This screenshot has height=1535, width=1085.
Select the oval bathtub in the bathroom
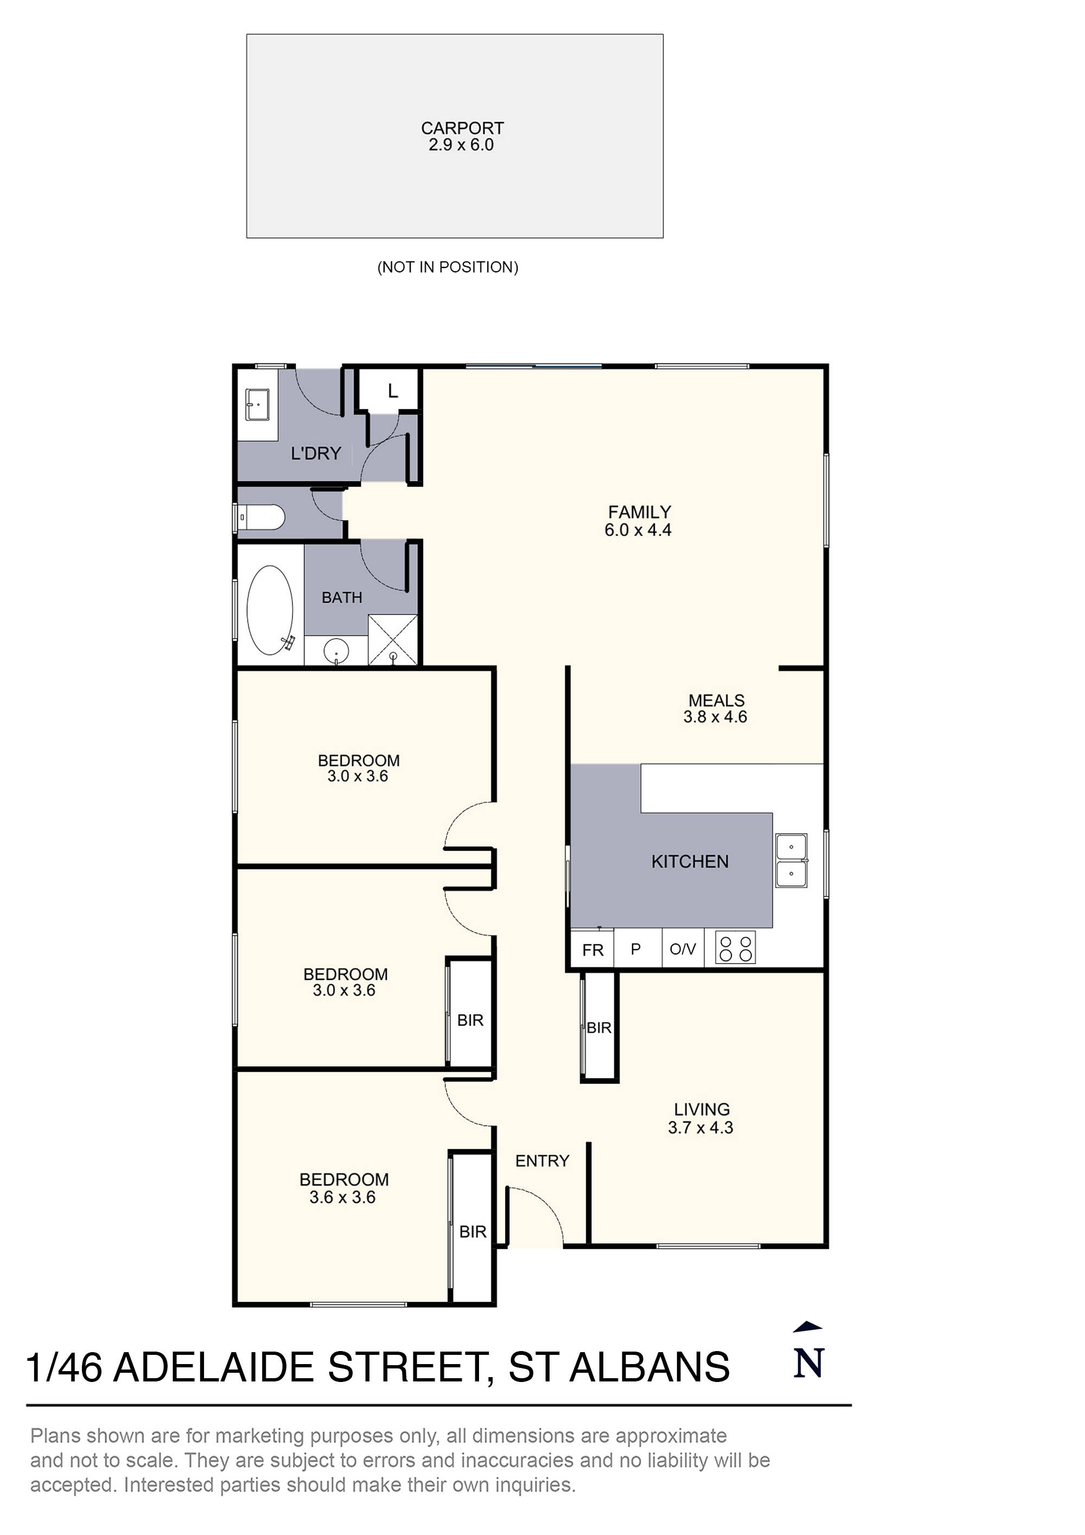click(270, 610)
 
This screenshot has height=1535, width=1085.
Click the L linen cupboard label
click(392, 391)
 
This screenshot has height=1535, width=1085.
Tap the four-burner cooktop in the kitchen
click(735, 948)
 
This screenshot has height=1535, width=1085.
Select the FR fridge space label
click(592, 950)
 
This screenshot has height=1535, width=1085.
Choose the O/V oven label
click(682, 948)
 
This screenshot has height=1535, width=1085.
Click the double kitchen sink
click(791, 860)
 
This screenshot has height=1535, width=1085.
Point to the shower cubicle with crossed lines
click(393, 640)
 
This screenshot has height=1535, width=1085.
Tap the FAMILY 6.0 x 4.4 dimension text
click(638, 530)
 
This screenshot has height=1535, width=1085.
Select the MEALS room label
click(716, 700)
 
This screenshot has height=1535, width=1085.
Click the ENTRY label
click(541, 1161)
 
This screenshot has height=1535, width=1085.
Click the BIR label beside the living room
click(598, 1028)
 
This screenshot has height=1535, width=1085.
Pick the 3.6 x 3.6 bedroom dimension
click(342, 1197)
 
